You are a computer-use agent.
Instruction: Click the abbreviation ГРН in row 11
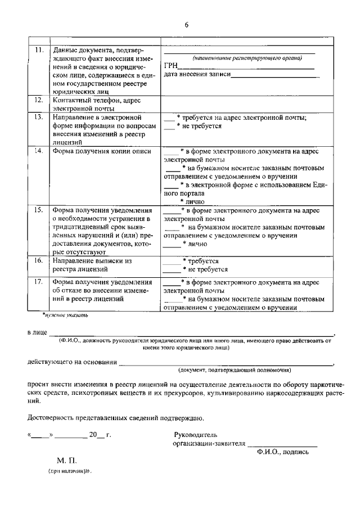pos(170,66)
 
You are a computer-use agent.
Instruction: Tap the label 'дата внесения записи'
pos(197,75)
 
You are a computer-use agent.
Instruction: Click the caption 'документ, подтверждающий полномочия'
pos(234,370)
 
